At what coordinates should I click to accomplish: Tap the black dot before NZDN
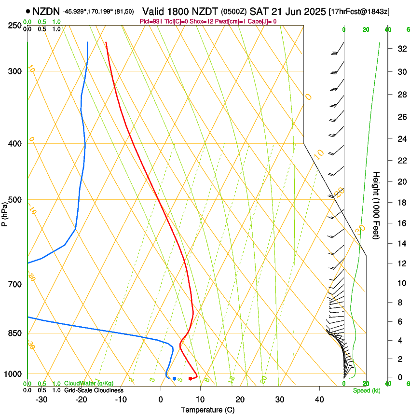(28, 12)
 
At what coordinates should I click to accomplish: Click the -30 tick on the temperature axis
(42, 400)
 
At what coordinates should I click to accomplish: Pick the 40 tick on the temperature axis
(319, 400)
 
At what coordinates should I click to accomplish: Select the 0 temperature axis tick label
(161, 400)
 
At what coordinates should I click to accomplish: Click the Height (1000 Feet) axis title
(377, 206)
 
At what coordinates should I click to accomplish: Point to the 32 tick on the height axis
(400, 48)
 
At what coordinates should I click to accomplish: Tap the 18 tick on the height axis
(400, 203)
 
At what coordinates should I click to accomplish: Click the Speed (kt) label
(367, 390)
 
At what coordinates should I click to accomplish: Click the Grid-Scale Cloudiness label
(94, 390)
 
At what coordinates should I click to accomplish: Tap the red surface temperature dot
(190, 378)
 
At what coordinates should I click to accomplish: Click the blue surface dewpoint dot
(174, 378)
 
